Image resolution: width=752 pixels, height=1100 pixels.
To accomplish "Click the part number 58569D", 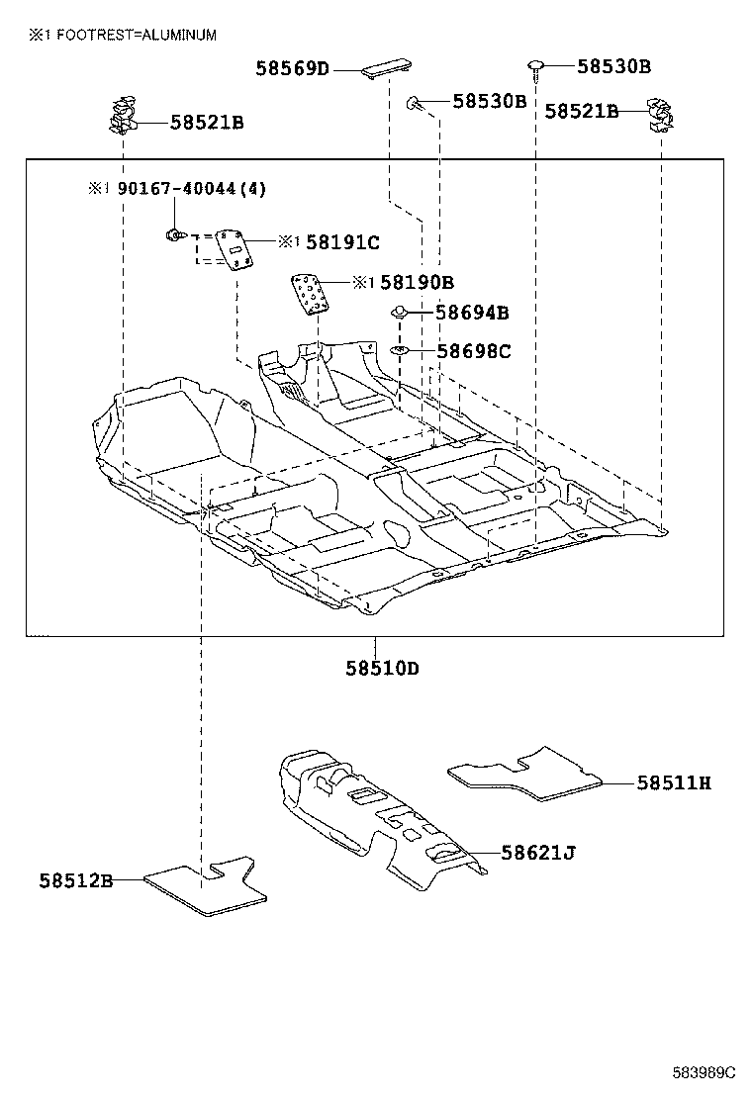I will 292,69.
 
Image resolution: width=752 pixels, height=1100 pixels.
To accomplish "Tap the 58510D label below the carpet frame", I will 382,669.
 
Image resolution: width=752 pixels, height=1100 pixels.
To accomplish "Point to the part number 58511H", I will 673,783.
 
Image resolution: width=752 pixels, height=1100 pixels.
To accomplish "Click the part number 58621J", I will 537,852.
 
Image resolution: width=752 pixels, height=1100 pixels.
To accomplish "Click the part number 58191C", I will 342,241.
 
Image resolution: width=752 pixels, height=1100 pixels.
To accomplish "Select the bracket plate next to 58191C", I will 235,249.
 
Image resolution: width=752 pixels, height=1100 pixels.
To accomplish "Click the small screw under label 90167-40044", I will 174,235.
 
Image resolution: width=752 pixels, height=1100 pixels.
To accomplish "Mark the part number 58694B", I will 473,313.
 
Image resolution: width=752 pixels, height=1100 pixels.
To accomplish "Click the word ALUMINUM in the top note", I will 179,35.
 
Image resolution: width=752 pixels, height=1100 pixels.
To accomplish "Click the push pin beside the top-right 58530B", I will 535,67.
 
